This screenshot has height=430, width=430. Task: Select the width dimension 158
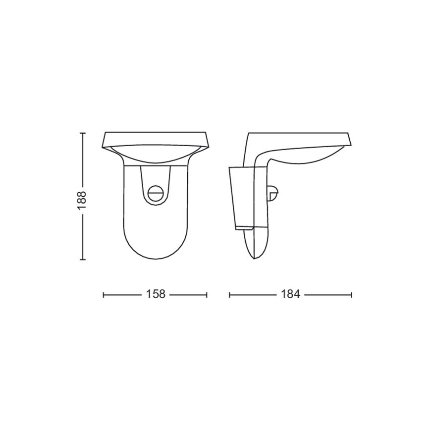pyautogui.click(x=155, y=295)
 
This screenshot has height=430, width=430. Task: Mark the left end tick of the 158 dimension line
pyautogui.click(x=103, y=295)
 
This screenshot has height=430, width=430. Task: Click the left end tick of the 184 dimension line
pyautogui.click(x=229, y=295)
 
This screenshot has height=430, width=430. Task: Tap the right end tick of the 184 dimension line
pyautogui.click(x=351, y=295)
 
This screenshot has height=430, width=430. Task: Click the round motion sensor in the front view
pyautogui.click(x=155, y=191)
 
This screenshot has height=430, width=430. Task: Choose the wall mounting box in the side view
pyautogui.click(x=241, y=198)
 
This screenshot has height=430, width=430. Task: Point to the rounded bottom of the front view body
pyautogui.click(x=155, y=253)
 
